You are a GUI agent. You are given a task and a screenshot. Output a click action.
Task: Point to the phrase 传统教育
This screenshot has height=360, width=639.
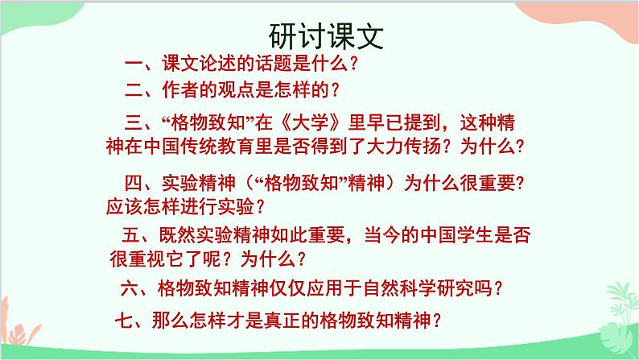coord(227,147)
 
